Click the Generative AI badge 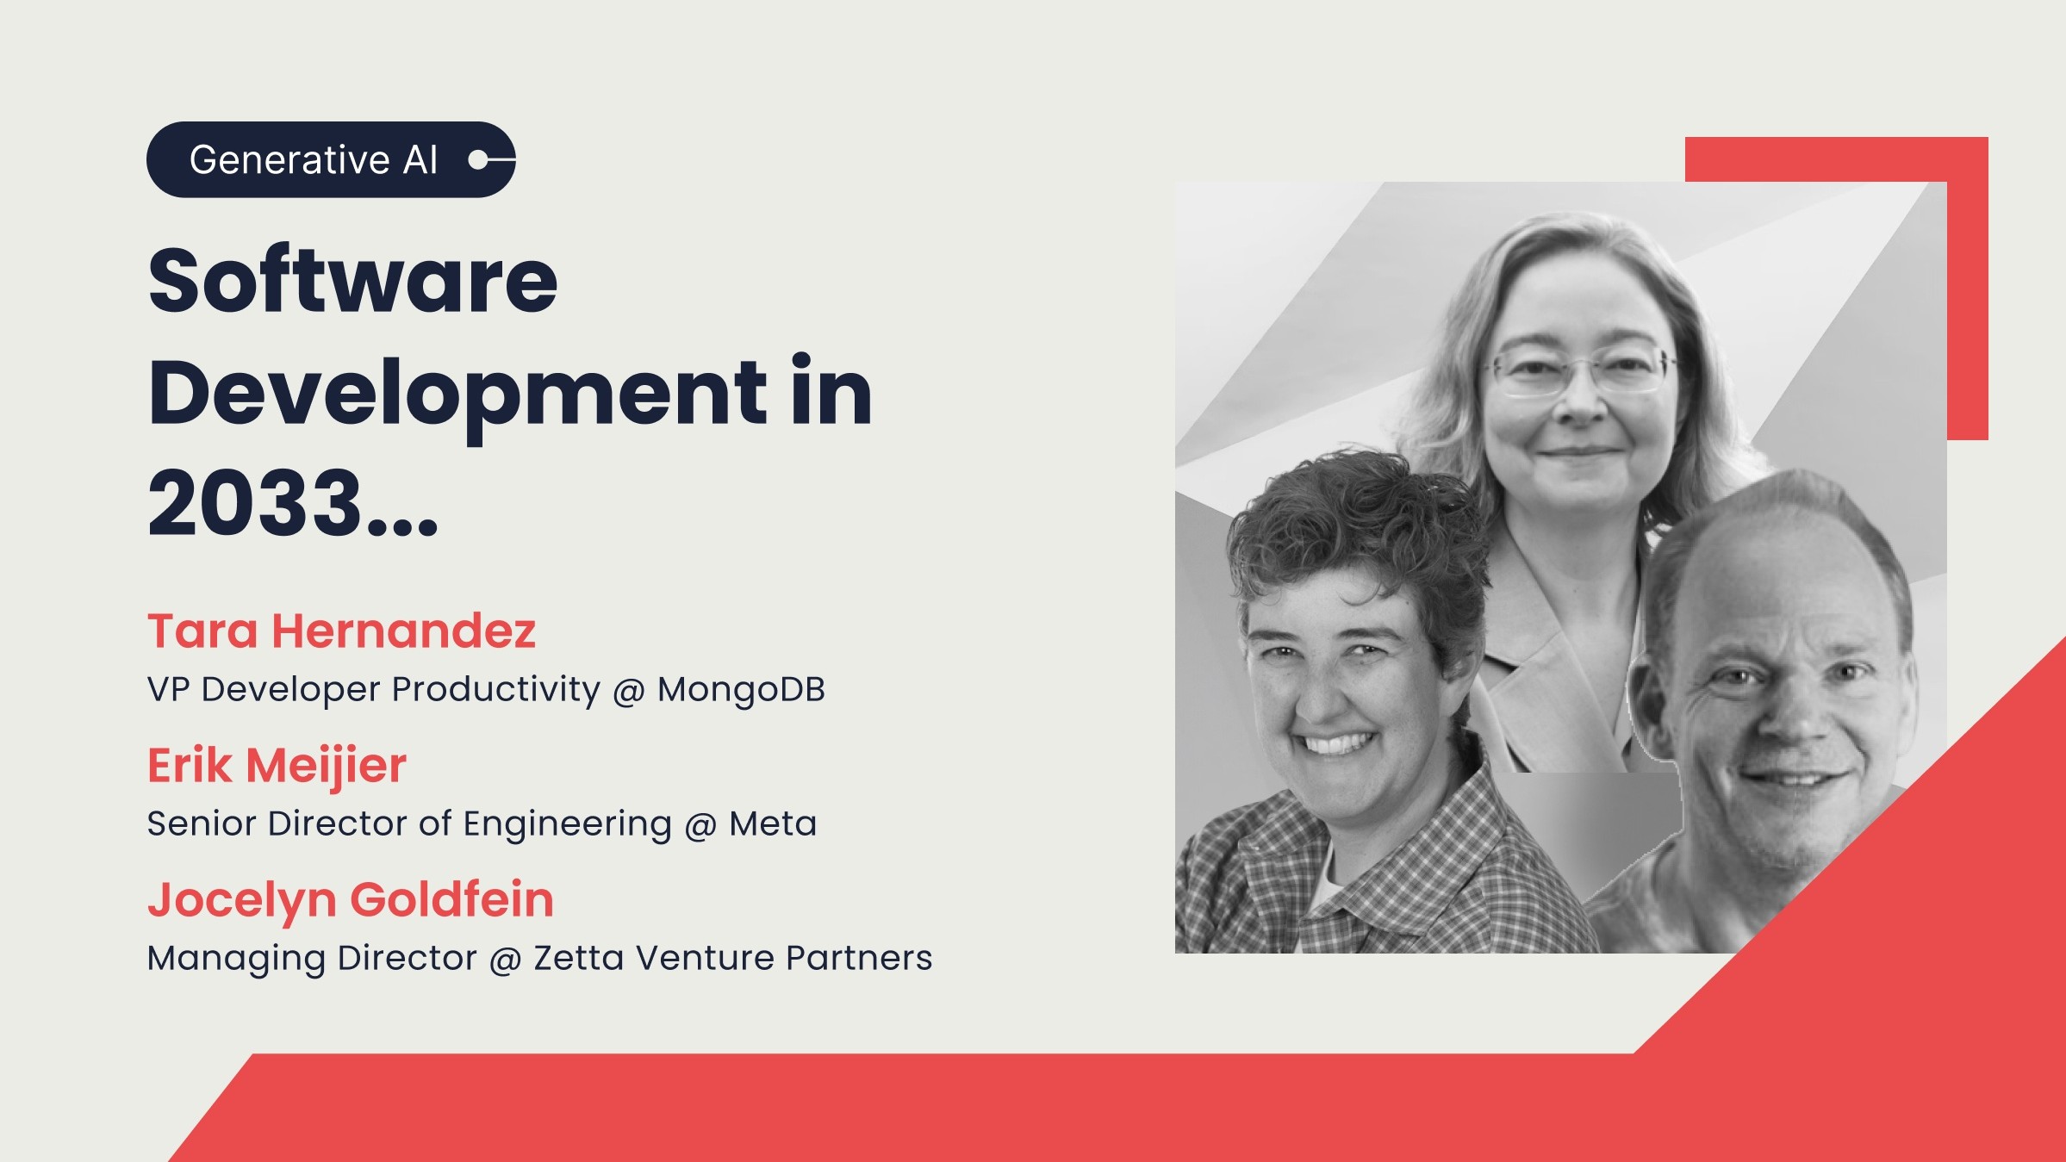click(x=331, y=159)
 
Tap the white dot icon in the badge click(x=476, y=159)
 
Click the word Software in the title click(x=353, y=281)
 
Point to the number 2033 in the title click(x=255, y=502)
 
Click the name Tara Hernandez click(x=341, y=631)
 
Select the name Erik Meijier click(x=277, y=766)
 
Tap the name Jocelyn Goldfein click(x=351, y=900)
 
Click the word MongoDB click(x=741, y=689)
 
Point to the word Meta click(x=773, y=824)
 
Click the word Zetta click(x=579, y=958)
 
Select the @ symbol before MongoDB click(x=629, y=691)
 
